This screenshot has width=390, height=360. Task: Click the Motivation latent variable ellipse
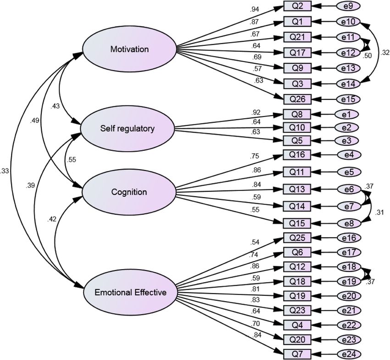[129, 49]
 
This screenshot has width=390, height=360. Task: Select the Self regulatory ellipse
[128, 128]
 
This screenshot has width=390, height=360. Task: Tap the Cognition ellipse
[129, 192]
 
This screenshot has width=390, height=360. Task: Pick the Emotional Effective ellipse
[130, 293]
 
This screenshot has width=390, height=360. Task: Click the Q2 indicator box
[297, 6]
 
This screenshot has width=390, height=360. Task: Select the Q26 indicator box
[297, 100]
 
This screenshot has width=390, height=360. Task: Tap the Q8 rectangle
[297, 114]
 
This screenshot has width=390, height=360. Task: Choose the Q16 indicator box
[297, 155]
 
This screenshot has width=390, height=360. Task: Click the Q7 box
[297, 354]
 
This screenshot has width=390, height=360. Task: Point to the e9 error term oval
[348, 6]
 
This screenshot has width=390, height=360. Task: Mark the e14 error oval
[348, 84]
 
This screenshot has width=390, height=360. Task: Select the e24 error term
[349, 354]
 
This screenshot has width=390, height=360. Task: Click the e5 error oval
[349, 172]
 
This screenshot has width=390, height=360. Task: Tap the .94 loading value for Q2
[255, 10]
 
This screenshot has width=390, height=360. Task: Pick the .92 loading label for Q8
[256, 112]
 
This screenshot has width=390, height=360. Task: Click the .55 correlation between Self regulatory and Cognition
[72, 160]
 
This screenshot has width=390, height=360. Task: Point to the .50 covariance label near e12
[367, 55]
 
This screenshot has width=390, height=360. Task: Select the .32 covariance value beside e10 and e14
[385, 52]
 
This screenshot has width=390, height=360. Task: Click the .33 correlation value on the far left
[5, 171]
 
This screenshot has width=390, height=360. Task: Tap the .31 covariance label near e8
[379, 213]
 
